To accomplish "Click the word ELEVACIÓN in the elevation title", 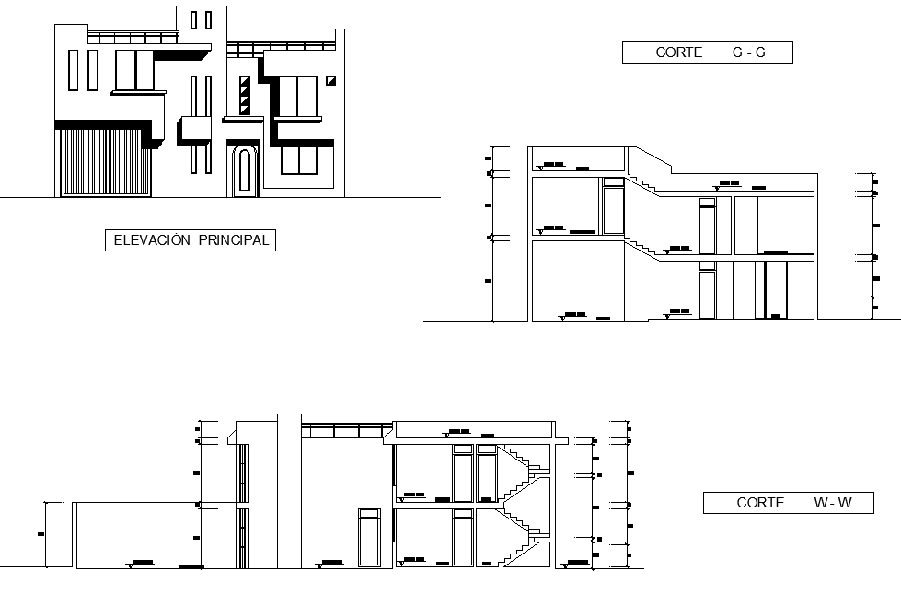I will [151, 240].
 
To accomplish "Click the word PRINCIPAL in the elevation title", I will [232, 240].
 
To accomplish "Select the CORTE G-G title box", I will [707, 52].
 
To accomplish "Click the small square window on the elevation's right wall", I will [331, 81].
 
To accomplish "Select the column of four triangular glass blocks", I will [244, 96].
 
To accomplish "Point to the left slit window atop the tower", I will [195, 20].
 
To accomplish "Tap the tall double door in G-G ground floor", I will [771, 290].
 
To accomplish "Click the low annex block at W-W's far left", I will [152, 535].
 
